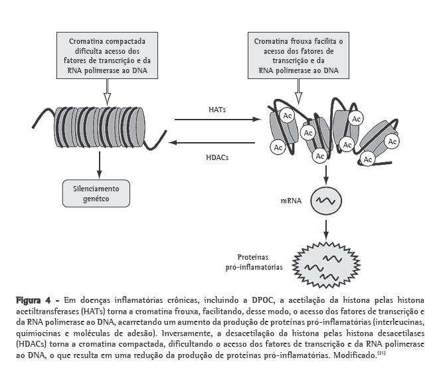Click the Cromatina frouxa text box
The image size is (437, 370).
tap(298, 56)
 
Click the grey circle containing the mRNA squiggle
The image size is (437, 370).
tap(326, 199)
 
